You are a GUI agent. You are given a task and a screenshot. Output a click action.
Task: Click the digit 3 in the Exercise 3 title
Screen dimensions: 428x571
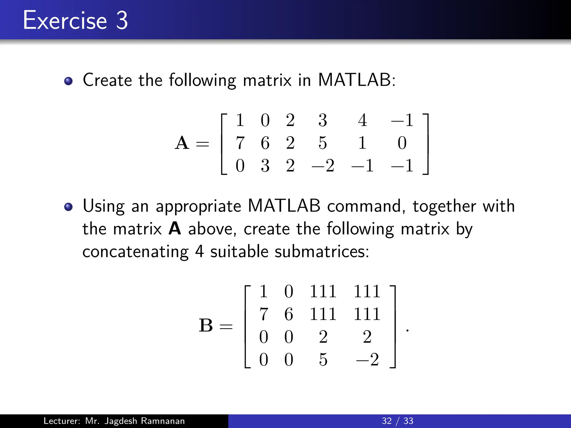(122, 20)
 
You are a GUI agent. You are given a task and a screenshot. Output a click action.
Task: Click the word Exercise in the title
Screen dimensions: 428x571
(65, 20)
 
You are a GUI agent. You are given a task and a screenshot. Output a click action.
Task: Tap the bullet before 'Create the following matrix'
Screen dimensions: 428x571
(68, 81)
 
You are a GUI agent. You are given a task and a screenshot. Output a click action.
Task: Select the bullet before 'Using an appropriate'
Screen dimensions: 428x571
(68, 207)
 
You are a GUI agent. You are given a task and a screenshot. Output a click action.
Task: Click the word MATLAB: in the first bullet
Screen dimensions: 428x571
(357, 80)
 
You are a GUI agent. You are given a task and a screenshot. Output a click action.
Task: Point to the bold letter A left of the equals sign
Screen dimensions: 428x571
(182, 143)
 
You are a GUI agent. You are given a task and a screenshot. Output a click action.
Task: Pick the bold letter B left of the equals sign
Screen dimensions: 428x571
(206, 325)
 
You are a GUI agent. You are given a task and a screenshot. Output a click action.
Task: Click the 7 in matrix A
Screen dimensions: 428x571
(240, 143)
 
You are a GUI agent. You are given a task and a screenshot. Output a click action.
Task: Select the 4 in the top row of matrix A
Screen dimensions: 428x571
(362, 120)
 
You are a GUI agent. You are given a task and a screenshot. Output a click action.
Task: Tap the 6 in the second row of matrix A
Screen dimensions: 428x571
(265, 143)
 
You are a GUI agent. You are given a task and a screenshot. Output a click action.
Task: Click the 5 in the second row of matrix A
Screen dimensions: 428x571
(323, 143)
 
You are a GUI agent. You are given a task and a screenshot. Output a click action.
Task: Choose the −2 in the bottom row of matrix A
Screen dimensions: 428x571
(323, 166)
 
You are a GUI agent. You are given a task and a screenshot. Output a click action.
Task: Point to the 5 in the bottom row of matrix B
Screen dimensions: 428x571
(323, 359)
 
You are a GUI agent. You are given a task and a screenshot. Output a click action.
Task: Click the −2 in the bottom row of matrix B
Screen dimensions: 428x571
(367, 359)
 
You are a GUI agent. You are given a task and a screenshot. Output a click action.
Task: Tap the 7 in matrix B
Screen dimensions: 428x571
(264, 314)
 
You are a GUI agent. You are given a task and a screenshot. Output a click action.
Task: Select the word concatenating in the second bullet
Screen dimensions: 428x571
(136, 252)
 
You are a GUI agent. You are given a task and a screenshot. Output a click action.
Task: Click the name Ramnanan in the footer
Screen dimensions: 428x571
(163, 421)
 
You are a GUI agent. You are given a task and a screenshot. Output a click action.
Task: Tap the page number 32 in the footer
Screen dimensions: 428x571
(387, 421)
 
